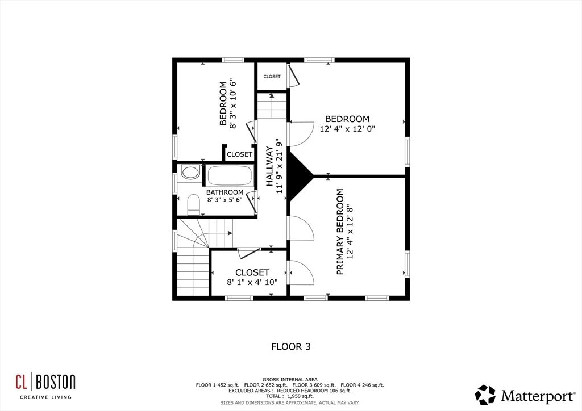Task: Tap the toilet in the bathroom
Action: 193,204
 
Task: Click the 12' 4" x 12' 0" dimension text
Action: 347,129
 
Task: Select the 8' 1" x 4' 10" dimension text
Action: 252,282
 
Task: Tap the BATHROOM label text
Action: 225,192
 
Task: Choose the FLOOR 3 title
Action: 290,346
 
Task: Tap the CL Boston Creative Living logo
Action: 45,385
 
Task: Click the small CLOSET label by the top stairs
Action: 272,77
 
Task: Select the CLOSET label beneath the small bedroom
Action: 239,154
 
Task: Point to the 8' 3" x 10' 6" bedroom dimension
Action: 232,104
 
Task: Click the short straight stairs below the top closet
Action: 272,107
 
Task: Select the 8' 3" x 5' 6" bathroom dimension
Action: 225,200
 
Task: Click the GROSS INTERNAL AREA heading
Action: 290,379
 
